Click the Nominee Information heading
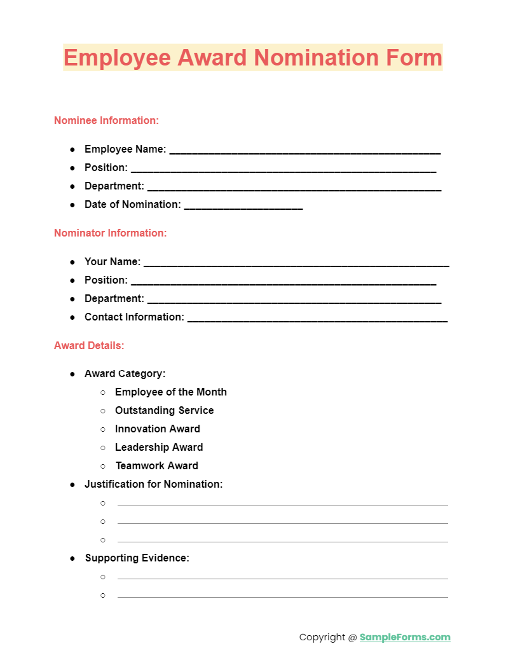click(x=106, y=120)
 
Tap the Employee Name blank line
click(x=304, y=151)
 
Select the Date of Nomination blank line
click(x=243, y=207)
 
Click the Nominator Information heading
click(x=110, y=233)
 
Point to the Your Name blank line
click(x=296, y=264)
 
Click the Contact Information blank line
click(x=317, y=319)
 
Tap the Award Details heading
click(x=89, y=345)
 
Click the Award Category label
click(x=125, y=373)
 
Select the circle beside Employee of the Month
click(x=103, y=392)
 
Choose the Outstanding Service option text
click(x=164, y=410)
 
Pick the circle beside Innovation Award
click(x=103, y=429)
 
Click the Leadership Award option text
click(x=159, y=447)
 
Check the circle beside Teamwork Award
click(x=103, y=466)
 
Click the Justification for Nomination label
click(x=153, y=484)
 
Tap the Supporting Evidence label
click(x=137, y=558)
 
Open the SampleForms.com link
click(x=405, y=637)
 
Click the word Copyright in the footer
click(x=322, y=637)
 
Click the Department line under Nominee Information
click(x=294, y=188)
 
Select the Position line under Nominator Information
click(x=283, y=282)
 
